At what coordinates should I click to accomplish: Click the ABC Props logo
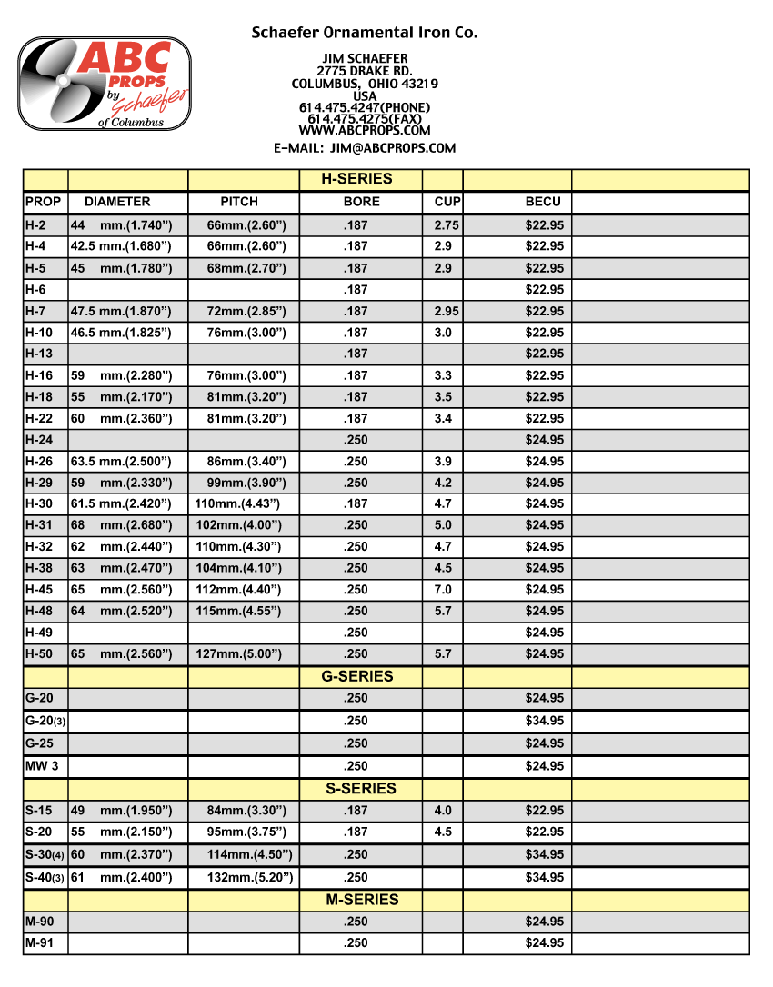click(x=104, y=84)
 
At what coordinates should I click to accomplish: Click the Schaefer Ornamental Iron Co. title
click(x=364, y=33)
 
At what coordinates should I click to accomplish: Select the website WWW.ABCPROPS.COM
click(x=364, y=130)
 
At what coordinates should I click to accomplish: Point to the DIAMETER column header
click(x=117, y=202)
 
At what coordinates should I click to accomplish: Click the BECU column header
click(x=543, y=202)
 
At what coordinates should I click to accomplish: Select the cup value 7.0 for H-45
click(x=443, y=590)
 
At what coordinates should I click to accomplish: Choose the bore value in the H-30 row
click(x=356, y=503)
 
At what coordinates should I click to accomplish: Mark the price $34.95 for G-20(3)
click(x=544, y=721)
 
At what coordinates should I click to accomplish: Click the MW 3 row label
click(x=42, y=766)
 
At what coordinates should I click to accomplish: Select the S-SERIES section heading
click(x=361, y=789)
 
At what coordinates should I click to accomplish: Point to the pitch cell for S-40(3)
click(x=244, y=878)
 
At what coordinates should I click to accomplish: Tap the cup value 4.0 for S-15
click(x=443, y=811)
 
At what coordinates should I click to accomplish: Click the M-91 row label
click(x=40, y=943)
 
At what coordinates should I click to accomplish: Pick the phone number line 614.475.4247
click(x=364, y=107)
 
